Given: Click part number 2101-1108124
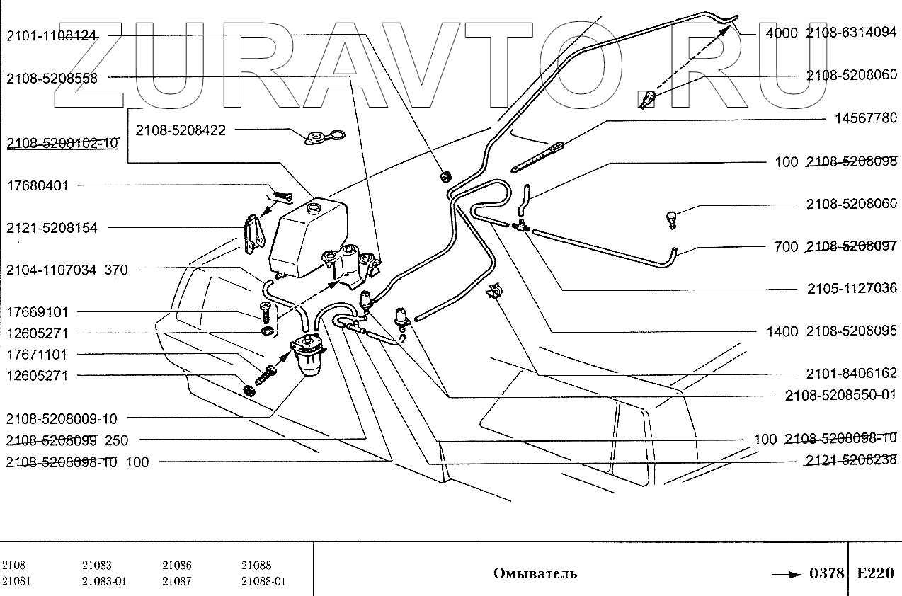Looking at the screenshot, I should (x=52, y=35).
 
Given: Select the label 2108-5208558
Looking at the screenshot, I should (x=52, y=79).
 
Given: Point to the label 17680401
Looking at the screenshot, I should (x=38, y=185).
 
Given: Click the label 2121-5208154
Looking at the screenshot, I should (x=52, y=228).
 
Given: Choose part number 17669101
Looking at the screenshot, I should (x=38, y=312).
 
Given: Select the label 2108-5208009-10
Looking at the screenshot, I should (x=61, y=418).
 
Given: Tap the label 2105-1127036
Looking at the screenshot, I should (x=852, y=289).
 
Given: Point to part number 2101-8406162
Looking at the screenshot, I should (x=852, y=373).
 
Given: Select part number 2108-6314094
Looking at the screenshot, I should (x=852, y=32).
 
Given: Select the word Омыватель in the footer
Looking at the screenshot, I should (x=535, y=573).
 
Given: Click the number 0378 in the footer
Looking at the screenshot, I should (x=826, y=573).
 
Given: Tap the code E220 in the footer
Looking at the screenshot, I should (x=875, y=573).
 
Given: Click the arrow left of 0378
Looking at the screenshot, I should (x=787, y=573).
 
